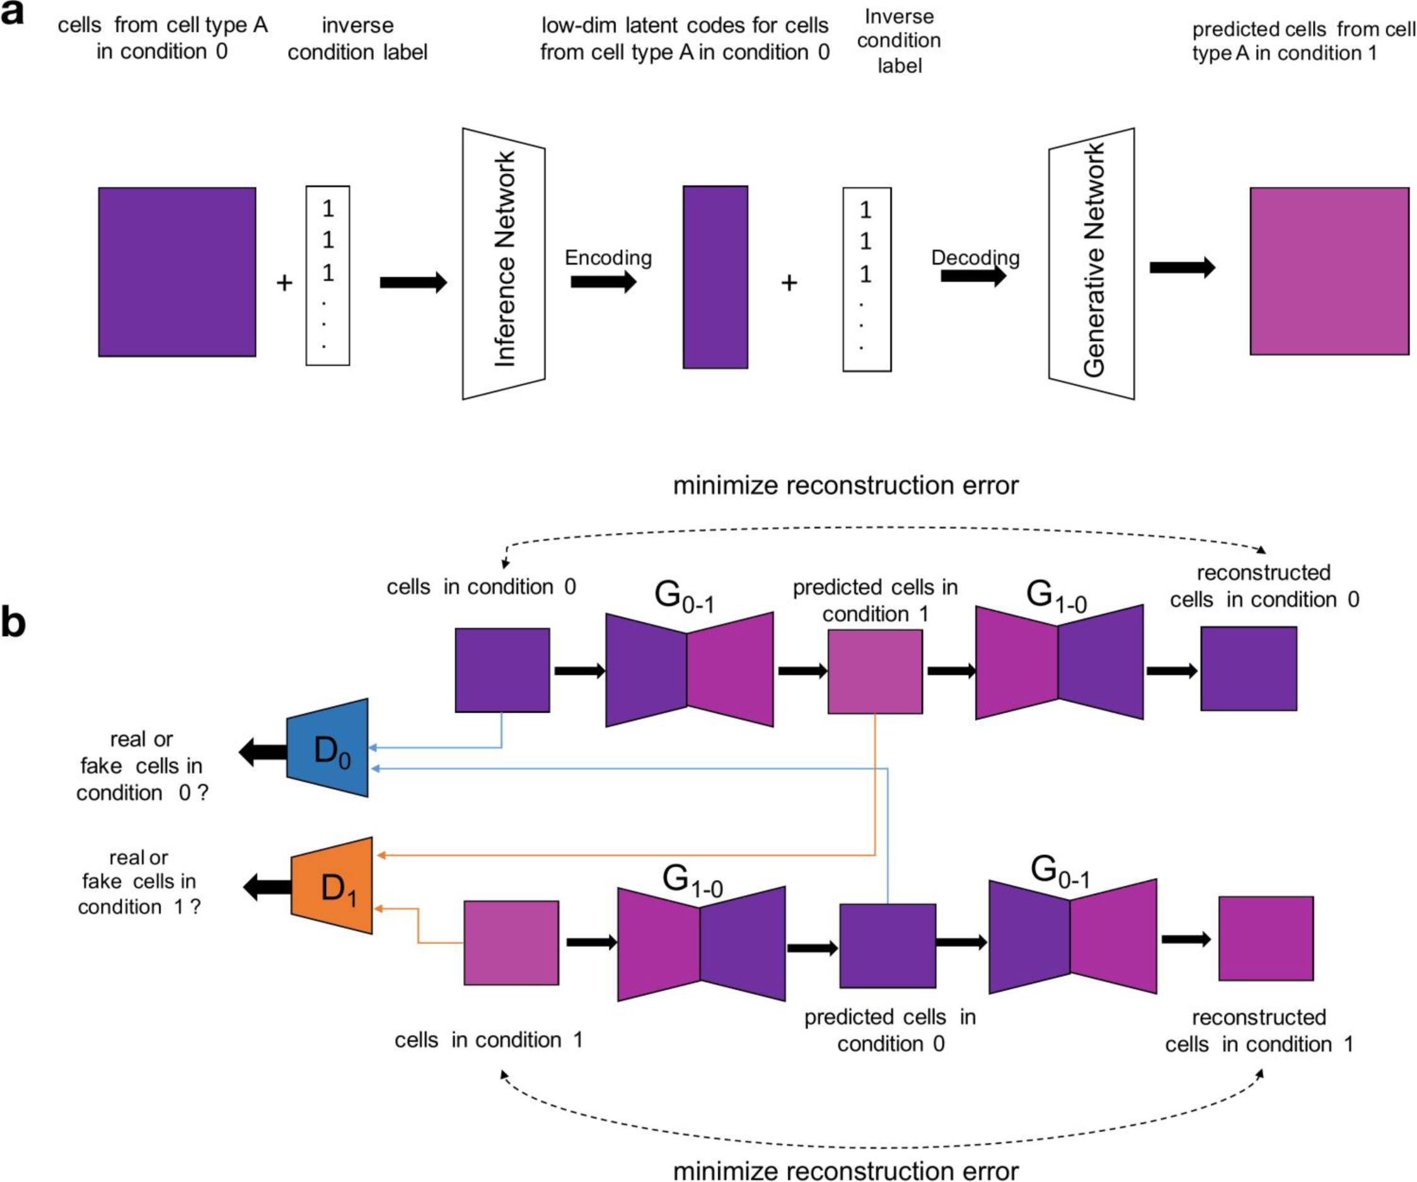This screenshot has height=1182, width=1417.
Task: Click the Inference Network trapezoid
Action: pos(504,264)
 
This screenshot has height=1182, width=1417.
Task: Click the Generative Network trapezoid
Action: pos(1091,264)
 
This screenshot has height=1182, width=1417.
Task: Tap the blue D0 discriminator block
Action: pos(329,748)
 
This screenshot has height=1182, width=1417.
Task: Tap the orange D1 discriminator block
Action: pos(333,886)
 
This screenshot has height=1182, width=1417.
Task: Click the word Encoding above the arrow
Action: pos(608,258)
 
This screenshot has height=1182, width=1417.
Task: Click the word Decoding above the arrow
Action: pos(975,258)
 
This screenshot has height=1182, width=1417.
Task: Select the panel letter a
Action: pos(12,13)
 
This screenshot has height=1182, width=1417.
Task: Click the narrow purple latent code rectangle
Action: pos(715,277)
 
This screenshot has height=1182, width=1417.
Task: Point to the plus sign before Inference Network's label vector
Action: pos(285,282)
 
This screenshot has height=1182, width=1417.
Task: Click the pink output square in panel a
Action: pos(1329,271)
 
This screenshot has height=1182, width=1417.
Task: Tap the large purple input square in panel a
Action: pos(176,272)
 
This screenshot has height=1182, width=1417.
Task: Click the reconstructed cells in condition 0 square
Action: pos(1248,669)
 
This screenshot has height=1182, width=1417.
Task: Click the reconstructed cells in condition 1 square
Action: pos(1266,939)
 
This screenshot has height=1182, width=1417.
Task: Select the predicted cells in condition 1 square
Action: pos(875,672)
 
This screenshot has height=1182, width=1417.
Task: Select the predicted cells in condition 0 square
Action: pos(888,946)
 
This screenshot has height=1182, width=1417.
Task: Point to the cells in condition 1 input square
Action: pos(511,942)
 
